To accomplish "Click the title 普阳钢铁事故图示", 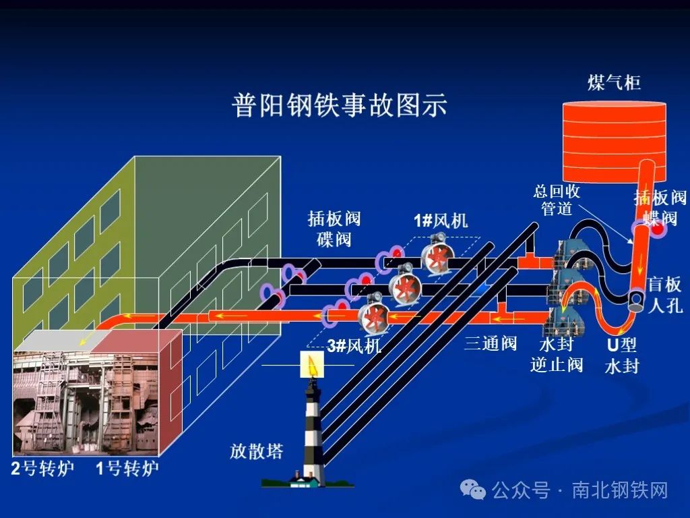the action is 339,106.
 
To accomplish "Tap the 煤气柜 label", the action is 613,83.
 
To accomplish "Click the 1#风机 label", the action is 440,221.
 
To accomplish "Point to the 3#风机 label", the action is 354,347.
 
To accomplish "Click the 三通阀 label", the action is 491,343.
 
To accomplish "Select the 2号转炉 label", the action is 42,468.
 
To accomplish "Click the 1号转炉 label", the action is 127,468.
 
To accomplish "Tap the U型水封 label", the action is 621,355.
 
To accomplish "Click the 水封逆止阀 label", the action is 556,355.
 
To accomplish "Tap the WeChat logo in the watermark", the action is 477,490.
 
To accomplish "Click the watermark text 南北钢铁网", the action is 620,490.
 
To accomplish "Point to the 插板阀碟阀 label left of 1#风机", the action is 334,229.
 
